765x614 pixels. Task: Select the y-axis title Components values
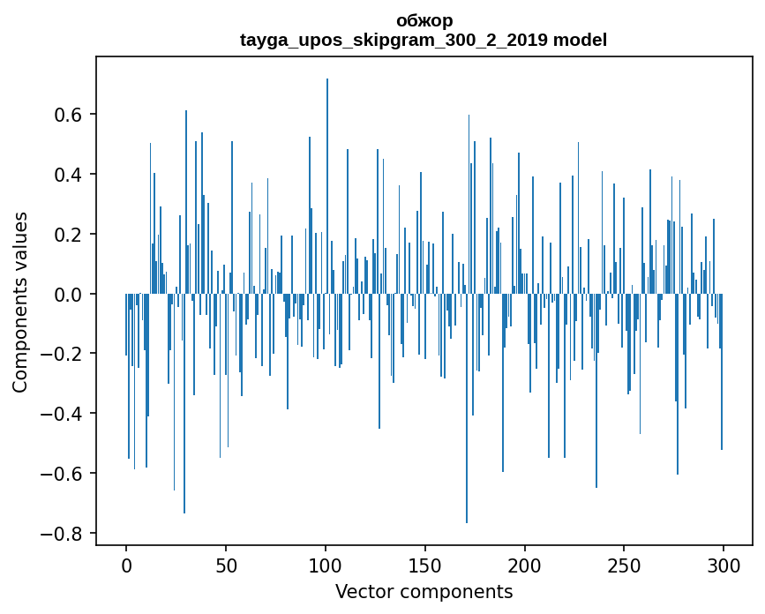[x=20, y=302]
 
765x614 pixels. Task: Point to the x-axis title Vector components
[x=424, y=591]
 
